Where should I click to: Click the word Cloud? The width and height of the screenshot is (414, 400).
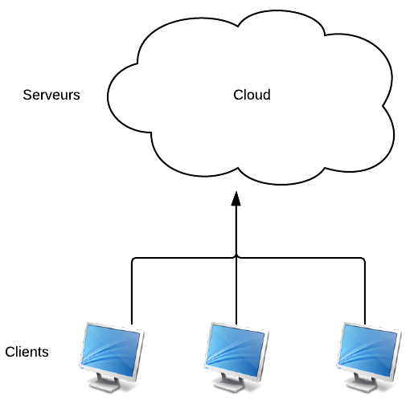pyautogui.click(x=252, y=95)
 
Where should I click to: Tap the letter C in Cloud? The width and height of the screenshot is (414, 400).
pyautogui.click(x=238, y=95)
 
